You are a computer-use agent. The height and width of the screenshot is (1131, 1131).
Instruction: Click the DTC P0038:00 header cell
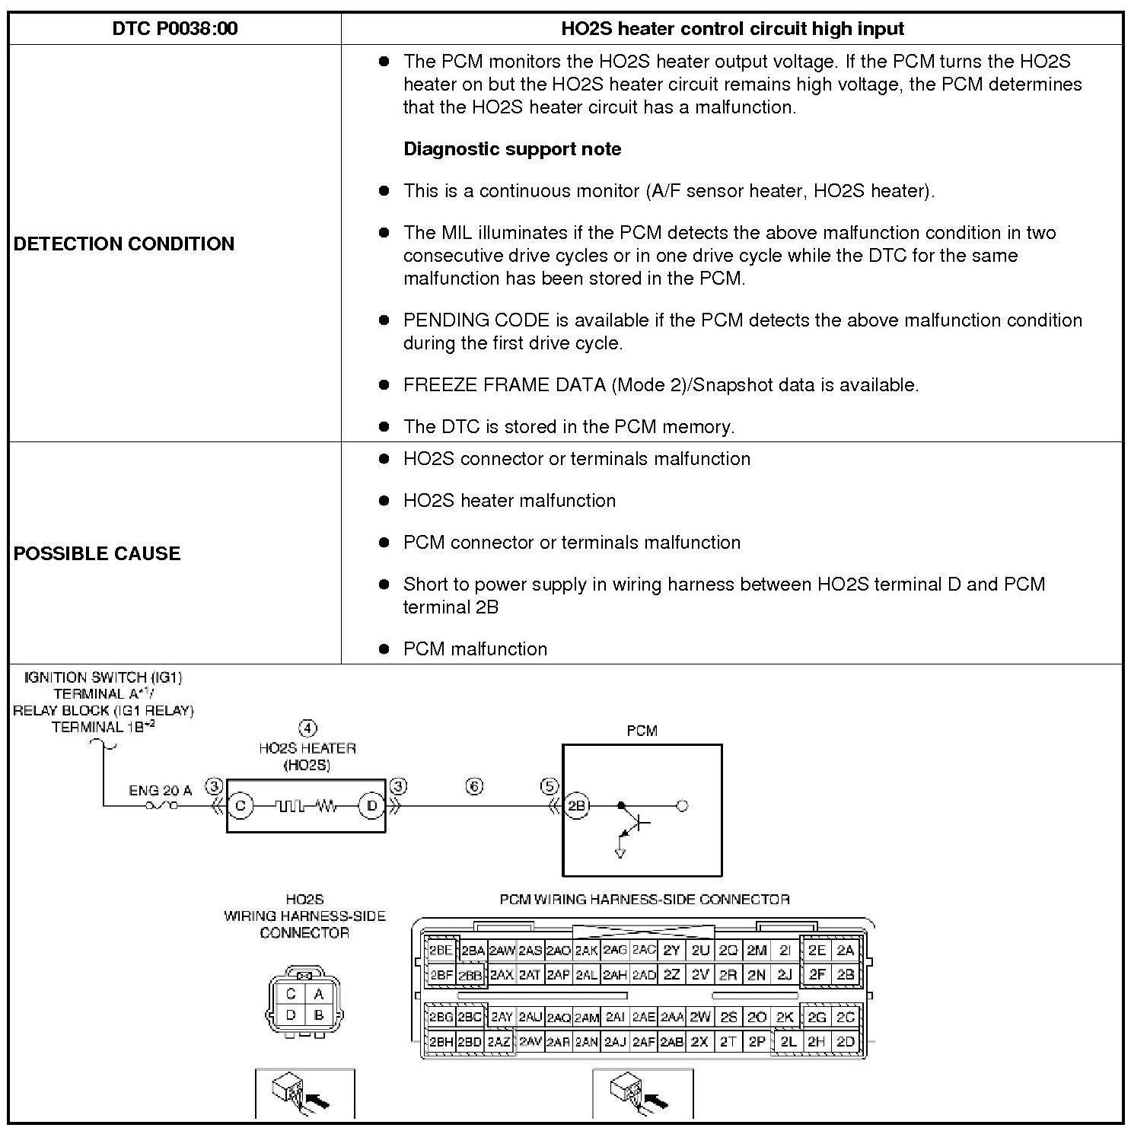click(174, 29)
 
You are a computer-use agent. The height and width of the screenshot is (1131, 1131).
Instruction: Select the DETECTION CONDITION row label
click(124, 244)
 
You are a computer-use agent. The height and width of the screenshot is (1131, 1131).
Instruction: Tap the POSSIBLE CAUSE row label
click(97, 553)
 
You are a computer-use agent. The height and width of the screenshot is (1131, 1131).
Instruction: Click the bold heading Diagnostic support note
click(512, 148)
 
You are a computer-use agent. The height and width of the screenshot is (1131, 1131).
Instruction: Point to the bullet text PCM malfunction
click(475, 648)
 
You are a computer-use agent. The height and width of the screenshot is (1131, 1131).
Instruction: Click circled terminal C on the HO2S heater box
click(241, 806)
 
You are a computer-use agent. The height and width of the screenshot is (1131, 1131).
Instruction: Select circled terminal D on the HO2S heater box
click(371, 806)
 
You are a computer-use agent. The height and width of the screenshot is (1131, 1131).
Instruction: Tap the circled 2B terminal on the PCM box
click(576, 806)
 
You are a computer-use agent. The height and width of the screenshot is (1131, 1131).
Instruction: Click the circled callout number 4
click(307, 728)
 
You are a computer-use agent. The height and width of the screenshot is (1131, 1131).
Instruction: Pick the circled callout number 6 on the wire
click(474, 786)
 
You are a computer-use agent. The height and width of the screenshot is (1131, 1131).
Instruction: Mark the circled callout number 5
click(550, 786)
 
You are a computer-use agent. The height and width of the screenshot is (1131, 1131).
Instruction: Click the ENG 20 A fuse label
click(160, 791)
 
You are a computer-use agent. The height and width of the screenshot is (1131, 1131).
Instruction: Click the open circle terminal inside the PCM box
click(682, 806)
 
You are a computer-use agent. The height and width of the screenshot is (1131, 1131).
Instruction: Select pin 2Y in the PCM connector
click(671, 950)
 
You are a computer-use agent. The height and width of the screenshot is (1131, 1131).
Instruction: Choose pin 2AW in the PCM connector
click(502, 950)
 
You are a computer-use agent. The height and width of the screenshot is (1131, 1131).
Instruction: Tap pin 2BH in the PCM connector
click(441, 1042)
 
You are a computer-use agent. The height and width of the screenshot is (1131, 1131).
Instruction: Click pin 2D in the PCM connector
click(845, 1042)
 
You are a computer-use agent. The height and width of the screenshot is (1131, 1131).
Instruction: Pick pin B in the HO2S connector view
click(318, 1015)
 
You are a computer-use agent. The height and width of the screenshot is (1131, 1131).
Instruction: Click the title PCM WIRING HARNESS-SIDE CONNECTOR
click(644, 900)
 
